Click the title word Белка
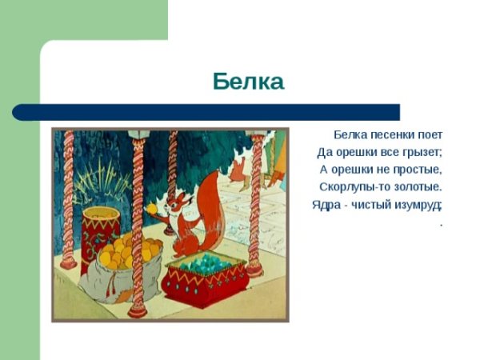tap(249, 82)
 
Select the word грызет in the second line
tap(422, 152)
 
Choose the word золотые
tap(417, 187)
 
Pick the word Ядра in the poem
tap(326, 205)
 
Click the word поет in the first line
tap(430, 134)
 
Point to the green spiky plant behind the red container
tap(99, 181)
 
